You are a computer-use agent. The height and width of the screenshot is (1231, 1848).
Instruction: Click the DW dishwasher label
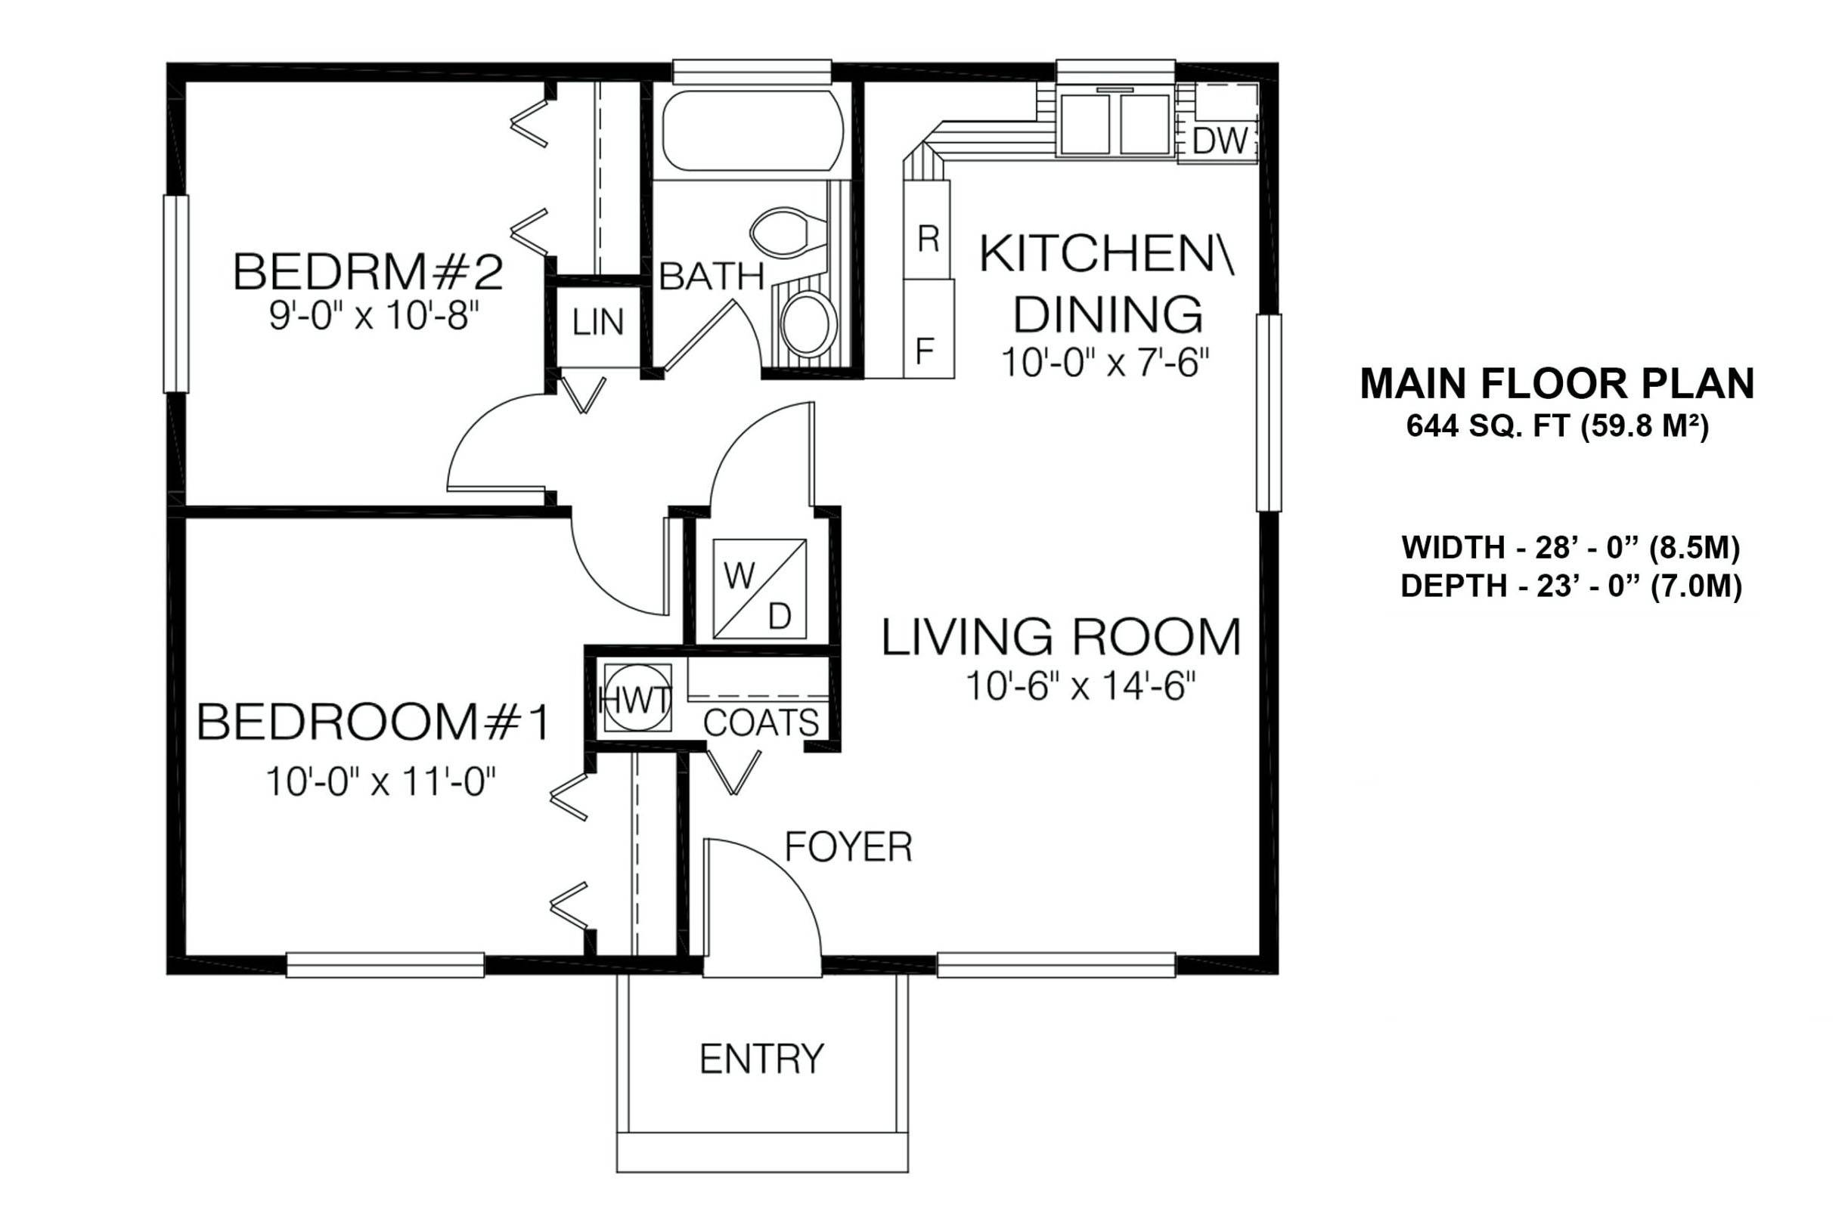tap(1220, 141)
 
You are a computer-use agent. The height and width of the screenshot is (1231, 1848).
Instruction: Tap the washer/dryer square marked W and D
tap(758, 587)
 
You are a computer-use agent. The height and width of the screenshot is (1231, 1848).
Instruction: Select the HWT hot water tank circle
tap(636, 697)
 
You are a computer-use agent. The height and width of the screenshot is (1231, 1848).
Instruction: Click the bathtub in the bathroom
tap(752, 130)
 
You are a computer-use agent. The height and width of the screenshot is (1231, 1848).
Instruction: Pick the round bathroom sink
tap(810, 322)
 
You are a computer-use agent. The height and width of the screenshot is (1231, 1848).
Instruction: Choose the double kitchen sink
tap(1115, 124)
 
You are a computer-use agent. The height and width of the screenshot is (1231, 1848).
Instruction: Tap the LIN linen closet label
tap(597, 322)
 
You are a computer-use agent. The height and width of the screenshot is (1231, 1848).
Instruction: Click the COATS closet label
tap(761, 722)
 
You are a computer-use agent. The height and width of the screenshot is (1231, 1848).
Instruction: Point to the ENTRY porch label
tap(762, 1059)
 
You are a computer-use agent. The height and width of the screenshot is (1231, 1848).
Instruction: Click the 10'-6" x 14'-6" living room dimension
tap(1080, 686)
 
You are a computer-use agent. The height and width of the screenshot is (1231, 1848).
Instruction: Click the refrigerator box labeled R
tap(928, 229)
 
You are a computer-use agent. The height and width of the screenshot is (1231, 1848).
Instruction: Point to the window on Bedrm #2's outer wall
tap(176, 294)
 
